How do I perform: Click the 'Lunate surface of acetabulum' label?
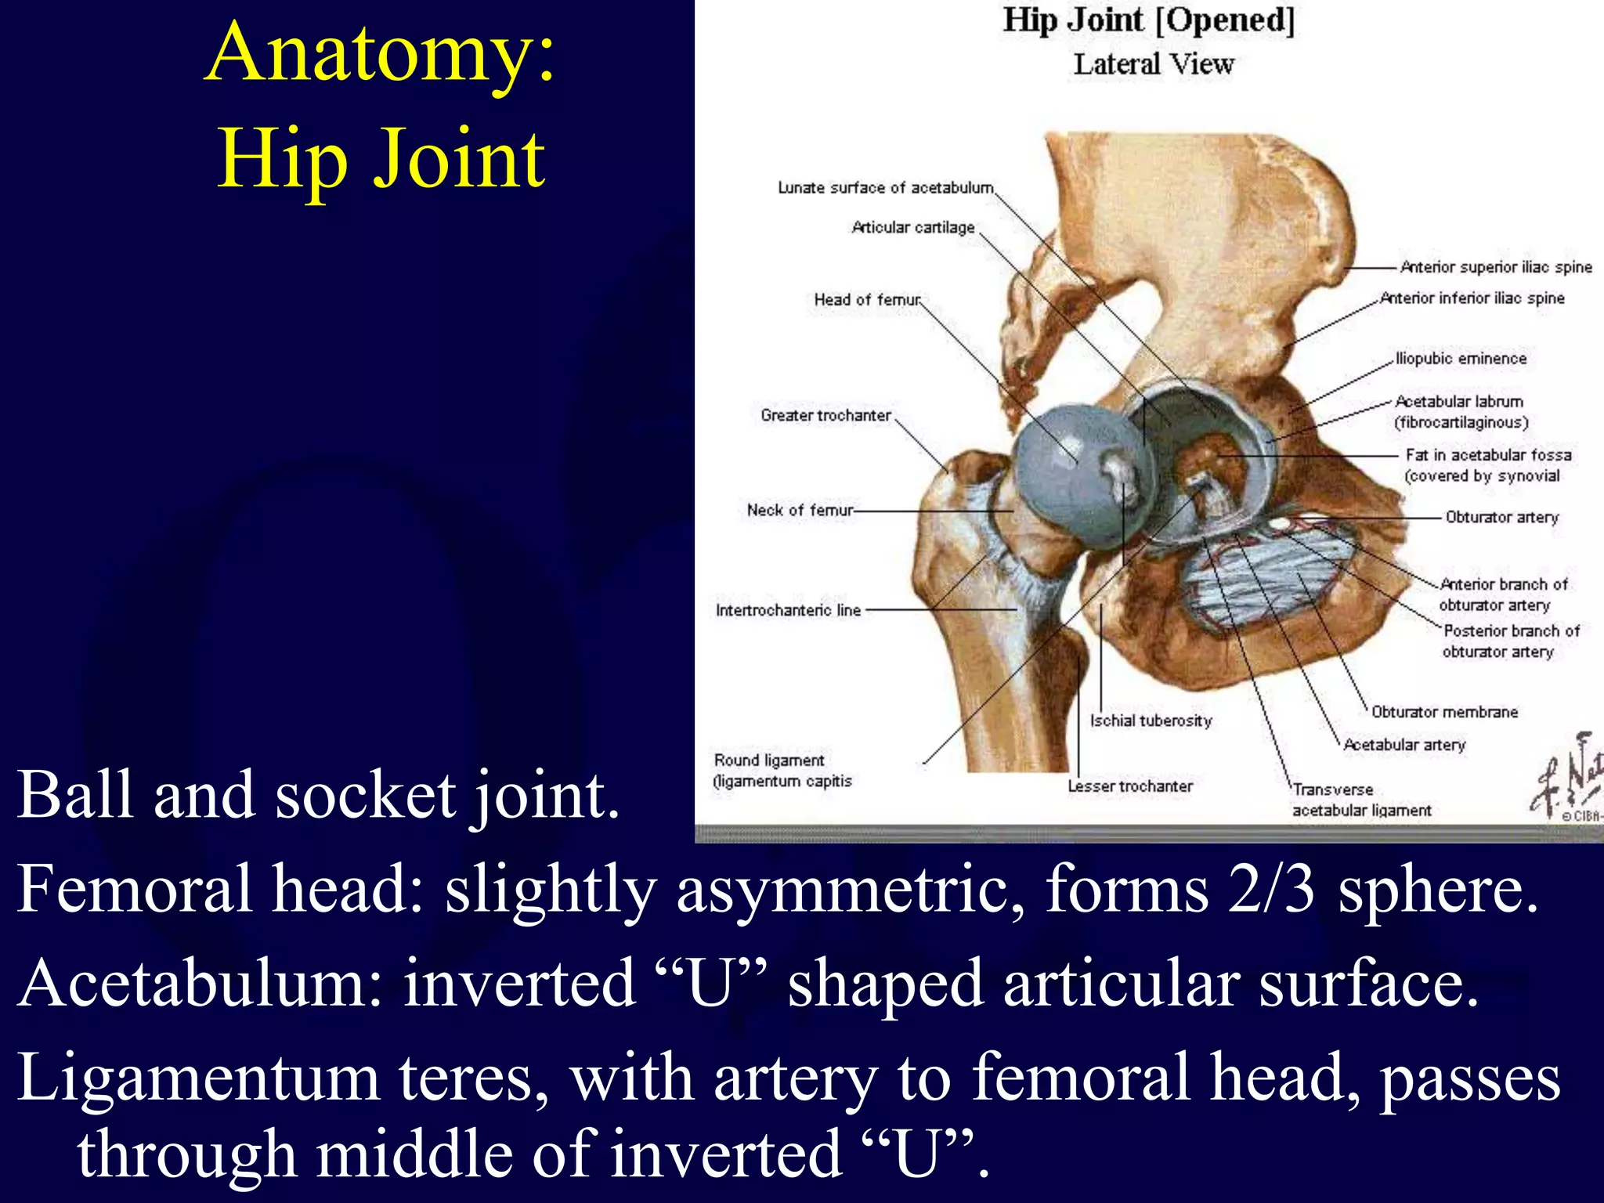pyautogui.click(x=886, y=188)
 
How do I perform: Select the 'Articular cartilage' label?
pyautogui.click(x=913, y=228)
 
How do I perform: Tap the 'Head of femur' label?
pyautogui.click(x=867, y=300)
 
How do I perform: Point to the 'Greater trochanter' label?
pyautogui.click(x=825, y=416)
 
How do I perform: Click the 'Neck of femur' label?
pyautogui.click(x=800, y=511)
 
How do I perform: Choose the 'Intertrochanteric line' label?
pyautogui.click(x=788, y=610)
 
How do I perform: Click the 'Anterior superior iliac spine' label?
pyautogui.click(x=1496, y=267)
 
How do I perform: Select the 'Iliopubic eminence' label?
pyautogui.click(x=1461, y=359)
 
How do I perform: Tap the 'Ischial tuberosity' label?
pyautogui.click(x=1151, y=721)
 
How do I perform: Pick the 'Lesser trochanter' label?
pyautogui.click(x=1130, y=786)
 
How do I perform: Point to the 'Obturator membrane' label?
pyautogui.click(x=1444, y=712)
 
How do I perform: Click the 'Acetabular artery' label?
pyautogui.click(x=1404, y=745)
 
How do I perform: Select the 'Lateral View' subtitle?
pyautogui.click(x=1154, y=64)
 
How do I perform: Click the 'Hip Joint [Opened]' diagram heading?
pyautogui.click(x=1149, y=20)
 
